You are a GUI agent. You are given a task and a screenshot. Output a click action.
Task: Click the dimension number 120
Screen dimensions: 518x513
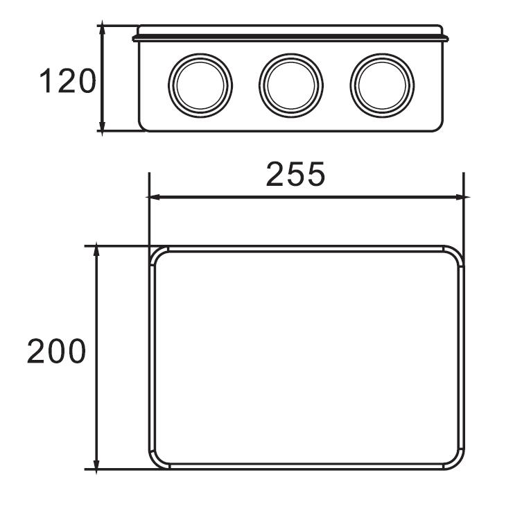(x=67, y=82)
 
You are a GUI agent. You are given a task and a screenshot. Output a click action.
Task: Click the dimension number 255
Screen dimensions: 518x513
(x=295, y=175)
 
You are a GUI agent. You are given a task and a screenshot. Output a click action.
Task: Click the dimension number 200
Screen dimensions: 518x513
(x=56, y=352)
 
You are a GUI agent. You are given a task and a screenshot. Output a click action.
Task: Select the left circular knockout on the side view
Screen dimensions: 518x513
(x=200, y=85)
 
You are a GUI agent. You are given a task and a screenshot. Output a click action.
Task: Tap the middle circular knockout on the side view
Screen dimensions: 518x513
(x=291, y=85)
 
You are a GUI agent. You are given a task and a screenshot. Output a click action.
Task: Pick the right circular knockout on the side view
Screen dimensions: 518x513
(x=382, y=85)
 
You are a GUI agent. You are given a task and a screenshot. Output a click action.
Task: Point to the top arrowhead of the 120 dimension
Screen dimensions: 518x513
(x=103, y=28)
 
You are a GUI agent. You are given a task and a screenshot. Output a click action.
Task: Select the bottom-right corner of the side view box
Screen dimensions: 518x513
(x=439, y=128)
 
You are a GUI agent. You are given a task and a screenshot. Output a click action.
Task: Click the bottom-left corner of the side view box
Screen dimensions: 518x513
(x=143, y=128)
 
